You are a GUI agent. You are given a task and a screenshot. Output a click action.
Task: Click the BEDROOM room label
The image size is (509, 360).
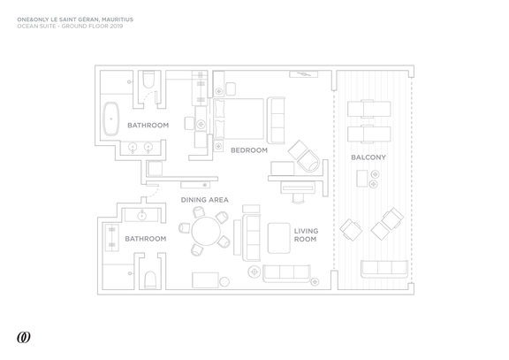click(249, 150)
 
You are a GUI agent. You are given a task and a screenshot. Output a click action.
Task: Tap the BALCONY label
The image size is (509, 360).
click(368, 157)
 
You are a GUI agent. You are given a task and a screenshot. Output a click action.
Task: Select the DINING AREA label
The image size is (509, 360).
click(204, 200)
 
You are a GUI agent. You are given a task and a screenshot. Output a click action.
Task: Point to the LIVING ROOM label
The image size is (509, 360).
click(306, 235)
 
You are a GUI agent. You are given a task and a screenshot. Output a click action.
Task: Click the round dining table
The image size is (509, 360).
click(206, 232)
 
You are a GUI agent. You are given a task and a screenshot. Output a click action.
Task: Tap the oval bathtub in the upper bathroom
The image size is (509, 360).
click(111, 119)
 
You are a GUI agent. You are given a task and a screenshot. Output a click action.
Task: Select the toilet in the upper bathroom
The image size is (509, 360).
click(148, 80)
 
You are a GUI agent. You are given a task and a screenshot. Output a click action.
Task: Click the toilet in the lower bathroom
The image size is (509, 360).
click(150, 280)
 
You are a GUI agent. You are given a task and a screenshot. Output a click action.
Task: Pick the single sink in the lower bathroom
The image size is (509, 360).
click(142, 215)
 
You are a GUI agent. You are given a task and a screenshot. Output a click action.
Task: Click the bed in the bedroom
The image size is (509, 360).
click(239, 119)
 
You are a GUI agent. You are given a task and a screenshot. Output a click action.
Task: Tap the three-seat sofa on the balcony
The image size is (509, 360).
click(384, 269)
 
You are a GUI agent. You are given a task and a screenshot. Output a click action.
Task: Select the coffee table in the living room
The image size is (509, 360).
click(279, 238)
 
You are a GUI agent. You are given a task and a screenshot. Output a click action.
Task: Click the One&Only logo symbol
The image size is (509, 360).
click(24, 338)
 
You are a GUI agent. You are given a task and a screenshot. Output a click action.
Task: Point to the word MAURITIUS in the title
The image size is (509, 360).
click(118, 19)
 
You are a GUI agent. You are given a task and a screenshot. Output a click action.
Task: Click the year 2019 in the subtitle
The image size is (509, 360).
click(117, 26)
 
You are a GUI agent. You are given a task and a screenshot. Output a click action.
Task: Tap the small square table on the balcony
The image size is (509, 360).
click(362, 179)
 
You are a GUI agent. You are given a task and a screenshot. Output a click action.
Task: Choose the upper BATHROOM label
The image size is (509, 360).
click(148, 125)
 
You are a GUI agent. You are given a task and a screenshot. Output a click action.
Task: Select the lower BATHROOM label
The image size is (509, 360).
click(146, 239)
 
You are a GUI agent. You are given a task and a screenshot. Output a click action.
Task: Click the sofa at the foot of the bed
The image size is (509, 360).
click(276, 120)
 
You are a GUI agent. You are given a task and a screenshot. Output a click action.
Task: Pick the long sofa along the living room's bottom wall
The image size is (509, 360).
click(286, 273)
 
